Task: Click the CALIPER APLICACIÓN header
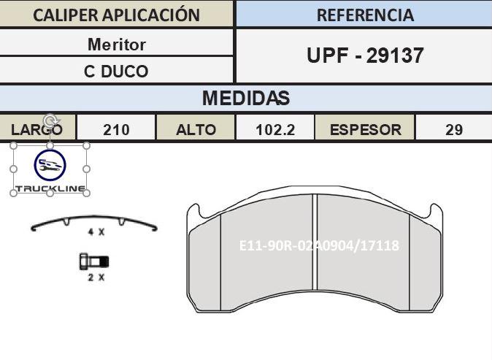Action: click(x=116, y=15)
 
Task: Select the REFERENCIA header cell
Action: click(x=365, y=15)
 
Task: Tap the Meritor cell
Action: click(x=116, y=45)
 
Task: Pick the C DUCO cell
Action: click(x=116, y=72)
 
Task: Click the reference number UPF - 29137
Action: click(x=365, y=55)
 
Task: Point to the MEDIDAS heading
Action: click(x=246, y=98)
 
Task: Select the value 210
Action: click(x=116, y=130)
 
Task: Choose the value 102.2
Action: click(x=275, y=130)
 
